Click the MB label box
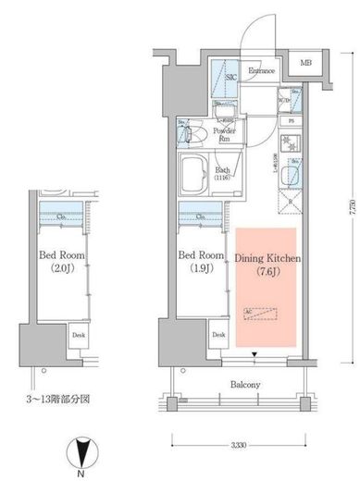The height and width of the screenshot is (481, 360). (304, 65)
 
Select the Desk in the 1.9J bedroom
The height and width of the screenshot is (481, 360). (218, 335)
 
